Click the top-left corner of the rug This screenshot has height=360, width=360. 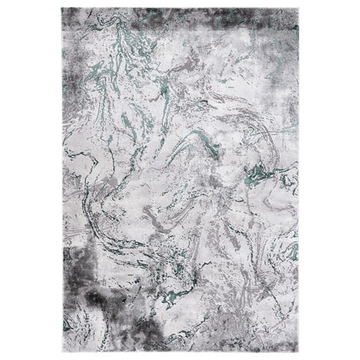(62, 8)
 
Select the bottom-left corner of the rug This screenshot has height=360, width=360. (62, 352)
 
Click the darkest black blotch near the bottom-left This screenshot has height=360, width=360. (98, 297)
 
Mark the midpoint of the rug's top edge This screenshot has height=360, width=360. (181, 8)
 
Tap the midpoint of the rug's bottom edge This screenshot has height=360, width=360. (181, 352)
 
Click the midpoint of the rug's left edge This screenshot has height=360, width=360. (62, 180)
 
